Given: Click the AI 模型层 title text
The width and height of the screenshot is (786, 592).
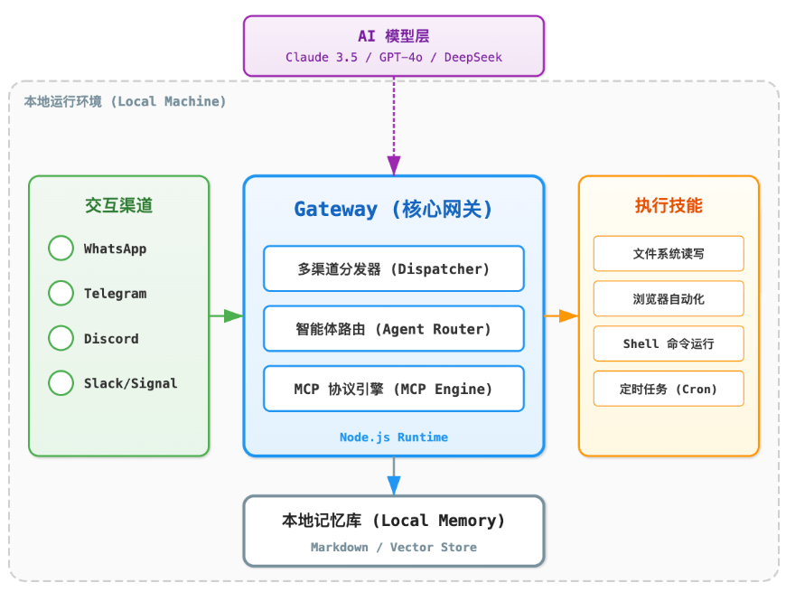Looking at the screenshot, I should (393, 36).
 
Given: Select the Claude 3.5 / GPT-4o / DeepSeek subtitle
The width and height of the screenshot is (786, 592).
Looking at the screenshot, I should (393, 57).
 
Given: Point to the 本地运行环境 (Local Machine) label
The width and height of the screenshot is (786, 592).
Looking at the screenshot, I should (125, 101).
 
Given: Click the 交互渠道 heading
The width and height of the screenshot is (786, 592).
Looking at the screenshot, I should (118, 205).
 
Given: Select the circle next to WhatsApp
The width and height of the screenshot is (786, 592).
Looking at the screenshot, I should (61, 249).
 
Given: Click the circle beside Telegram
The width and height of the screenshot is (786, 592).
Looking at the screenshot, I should (61, 293).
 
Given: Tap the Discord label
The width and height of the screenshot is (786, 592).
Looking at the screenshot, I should (111, 338).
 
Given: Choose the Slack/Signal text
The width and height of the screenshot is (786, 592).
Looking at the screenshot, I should (130, 383).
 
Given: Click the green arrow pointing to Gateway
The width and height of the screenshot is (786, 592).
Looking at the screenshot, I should (226, 315).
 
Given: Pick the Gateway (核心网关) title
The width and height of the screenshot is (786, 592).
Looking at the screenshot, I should (393, 209).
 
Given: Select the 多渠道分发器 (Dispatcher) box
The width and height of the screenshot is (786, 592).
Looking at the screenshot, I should (393, 268).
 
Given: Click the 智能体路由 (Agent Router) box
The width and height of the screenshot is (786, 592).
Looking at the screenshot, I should (393, 329).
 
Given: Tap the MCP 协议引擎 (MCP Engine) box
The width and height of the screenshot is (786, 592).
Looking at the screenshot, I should (393, 389).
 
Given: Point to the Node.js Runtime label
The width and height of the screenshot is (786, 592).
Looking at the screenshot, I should (393, 437).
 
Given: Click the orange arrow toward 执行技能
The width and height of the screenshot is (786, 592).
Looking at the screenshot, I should (561, 315).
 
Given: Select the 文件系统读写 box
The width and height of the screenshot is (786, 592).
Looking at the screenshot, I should (668, 254).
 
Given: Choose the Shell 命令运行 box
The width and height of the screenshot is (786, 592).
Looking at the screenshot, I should (668, 343).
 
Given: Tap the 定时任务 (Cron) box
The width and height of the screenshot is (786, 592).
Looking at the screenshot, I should (668, 389).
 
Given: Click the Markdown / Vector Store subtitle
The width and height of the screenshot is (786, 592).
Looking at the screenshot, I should (393, 547).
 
